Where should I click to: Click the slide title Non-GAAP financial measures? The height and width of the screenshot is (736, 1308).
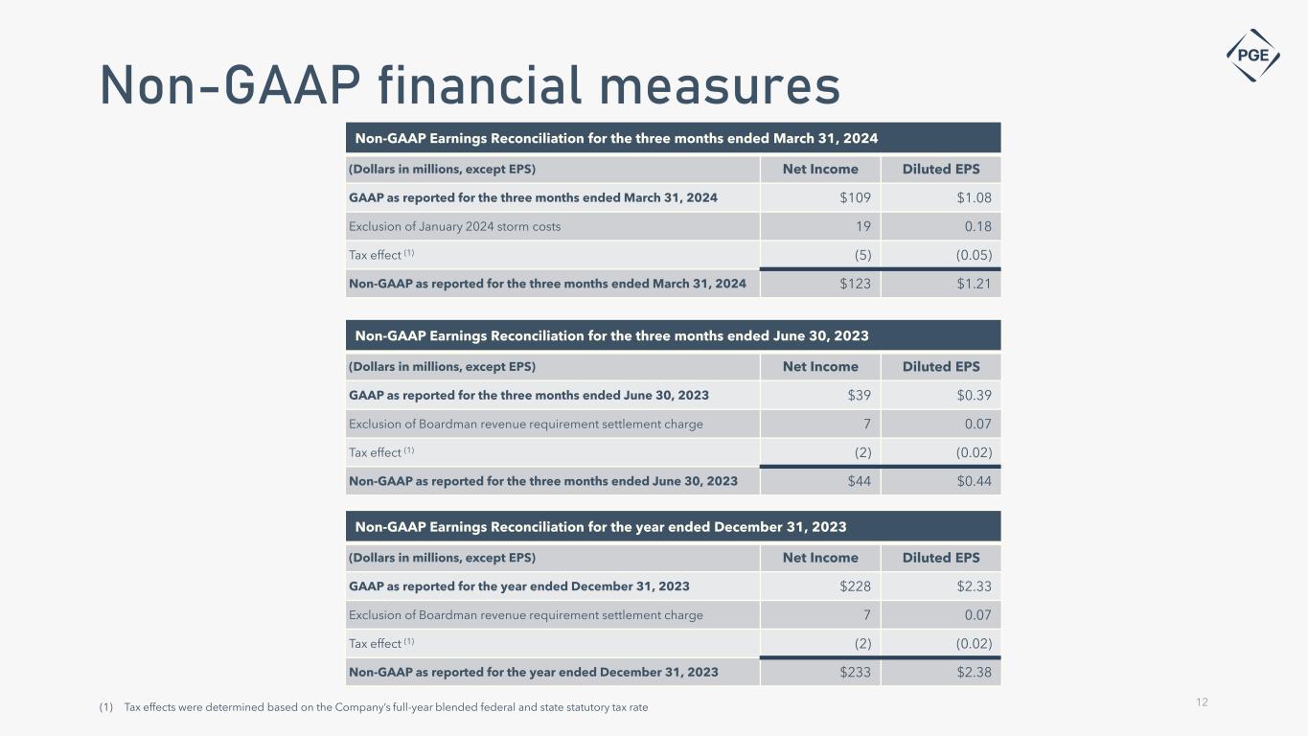point(470,86)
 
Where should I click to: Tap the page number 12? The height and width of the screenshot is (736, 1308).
point(1202,702)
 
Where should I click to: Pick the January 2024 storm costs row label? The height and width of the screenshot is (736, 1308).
point(455,227)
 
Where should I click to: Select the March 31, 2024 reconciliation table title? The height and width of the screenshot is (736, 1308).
point(616,138)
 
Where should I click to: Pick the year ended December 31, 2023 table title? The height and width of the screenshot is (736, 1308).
point(601,527)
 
